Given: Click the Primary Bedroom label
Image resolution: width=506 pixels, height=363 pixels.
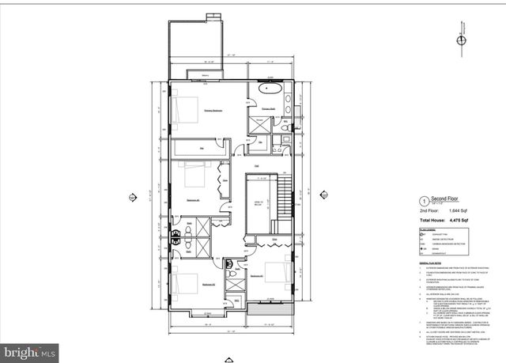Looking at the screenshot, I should pos(211,111).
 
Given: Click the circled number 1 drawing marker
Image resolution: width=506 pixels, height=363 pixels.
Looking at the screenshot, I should pos(424,201).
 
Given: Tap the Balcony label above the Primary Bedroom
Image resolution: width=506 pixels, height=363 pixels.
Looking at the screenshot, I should pos(205,76).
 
